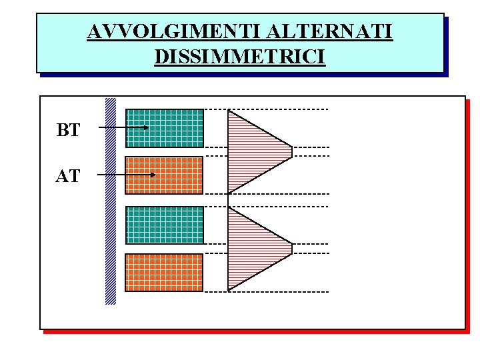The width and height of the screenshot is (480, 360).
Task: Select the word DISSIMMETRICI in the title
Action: tap(239, 56)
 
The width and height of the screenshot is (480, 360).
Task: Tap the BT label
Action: tap(68, 130)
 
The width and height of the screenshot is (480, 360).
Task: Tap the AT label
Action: tap(68, 177)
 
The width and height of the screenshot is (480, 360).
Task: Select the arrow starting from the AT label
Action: tap(127, 175)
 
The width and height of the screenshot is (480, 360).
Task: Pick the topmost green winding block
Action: tap(165, 128)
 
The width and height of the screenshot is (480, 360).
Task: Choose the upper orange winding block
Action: tap(165, 175)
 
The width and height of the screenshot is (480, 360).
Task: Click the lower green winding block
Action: tap(165, 225)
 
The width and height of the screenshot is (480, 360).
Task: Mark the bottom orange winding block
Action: tap(165, 273)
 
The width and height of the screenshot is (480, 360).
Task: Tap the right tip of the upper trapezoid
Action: tap(291, 151)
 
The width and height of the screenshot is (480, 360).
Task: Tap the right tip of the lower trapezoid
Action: tap(291, 249)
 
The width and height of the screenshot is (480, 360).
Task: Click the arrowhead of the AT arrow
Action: tap(153, 175)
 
